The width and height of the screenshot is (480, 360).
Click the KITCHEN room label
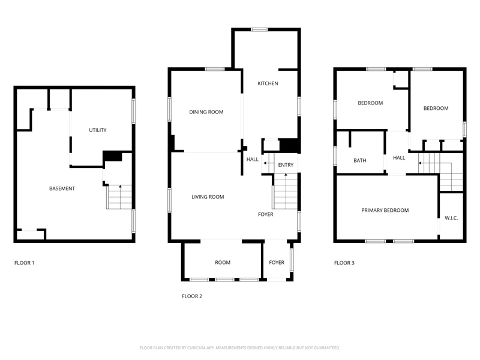[x=268, y=83]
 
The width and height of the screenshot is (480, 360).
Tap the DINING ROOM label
[x=206, y=112]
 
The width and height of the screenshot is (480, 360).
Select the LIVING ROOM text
[x=208, y=197]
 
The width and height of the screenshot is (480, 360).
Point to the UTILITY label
[x=98, y=130]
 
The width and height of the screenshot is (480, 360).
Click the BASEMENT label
[x=62, y=188]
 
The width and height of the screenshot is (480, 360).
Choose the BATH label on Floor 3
[x=359, y=160]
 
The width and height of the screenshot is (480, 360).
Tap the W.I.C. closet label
[x=451, y=218]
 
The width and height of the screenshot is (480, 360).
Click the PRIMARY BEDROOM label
[x=385, y=211]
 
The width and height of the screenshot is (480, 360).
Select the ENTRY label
[x=286, y=165]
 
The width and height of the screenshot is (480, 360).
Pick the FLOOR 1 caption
[x=24, y=263]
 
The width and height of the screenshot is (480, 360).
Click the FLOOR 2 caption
[x=192, y=296]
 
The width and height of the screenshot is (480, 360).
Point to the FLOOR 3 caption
[x=344, y=263]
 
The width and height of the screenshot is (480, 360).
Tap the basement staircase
[x=119, y=197]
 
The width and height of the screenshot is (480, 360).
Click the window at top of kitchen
[x=259, y=29]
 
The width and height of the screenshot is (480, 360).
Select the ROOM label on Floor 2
[x=223, y=262]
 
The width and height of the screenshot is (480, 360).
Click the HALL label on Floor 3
[x=399, y=158]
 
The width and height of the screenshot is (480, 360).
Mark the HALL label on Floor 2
[x=252, y=159]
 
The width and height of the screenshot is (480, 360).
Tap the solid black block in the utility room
[x=112, y=156]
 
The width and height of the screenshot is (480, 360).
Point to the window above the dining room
[x=215, y=69]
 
